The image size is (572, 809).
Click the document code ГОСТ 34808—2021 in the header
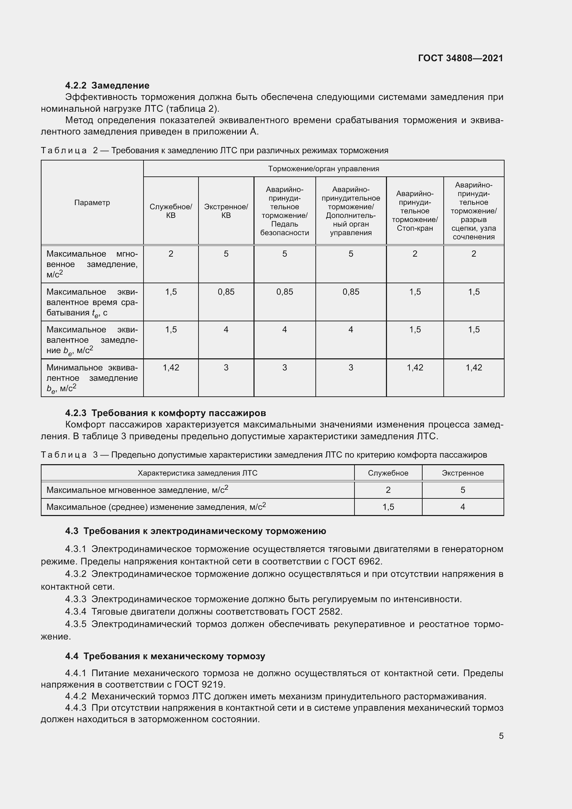tap(460, 58)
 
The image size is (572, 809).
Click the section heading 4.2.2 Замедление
tap(107, 85)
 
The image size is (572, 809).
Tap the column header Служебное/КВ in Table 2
tap(171, 211)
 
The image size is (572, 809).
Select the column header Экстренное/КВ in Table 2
tap(226, 211)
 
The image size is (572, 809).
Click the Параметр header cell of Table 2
tap(92, 203)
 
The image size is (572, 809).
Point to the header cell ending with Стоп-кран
tap(415, 211)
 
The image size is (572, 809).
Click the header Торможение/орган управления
tap(323, 169)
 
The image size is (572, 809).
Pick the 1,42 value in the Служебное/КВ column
tap(171, 368)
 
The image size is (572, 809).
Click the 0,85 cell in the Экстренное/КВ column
tap(226, 292)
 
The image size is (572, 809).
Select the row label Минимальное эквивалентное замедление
tap(92, 378)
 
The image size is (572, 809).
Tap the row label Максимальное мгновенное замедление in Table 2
tap(92, 264)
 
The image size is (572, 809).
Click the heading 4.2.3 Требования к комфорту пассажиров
tap(166, 413)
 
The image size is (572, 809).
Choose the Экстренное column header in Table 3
tap(462, 473)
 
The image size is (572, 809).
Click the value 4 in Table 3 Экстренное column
tap(462, 507)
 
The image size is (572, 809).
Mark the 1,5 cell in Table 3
tap(388, 507)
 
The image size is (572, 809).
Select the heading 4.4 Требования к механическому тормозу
tap(165, 656)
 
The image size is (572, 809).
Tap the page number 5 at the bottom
tap(501, 736)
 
